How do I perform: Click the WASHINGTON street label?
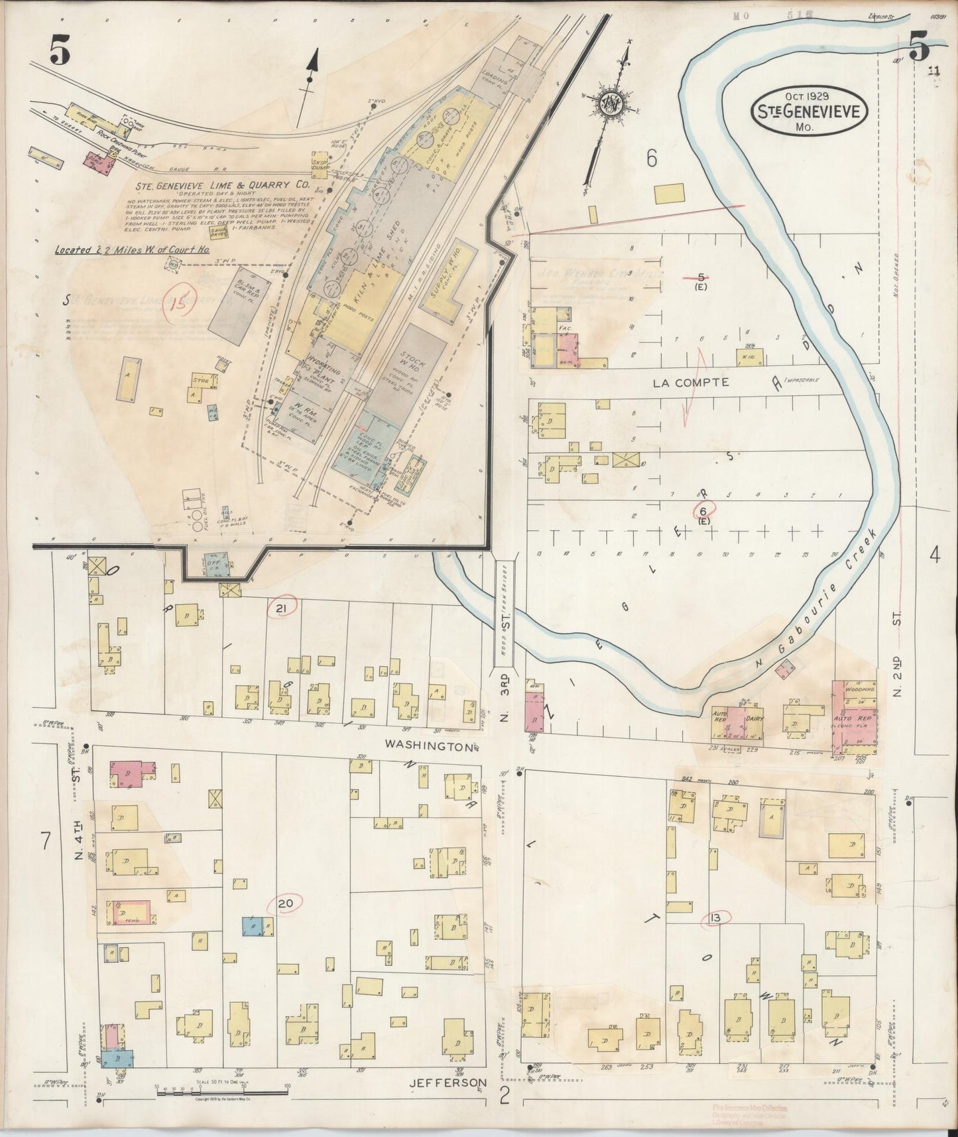pyautogui.click(x=430, y=746)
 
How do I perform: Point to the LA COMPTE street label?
pyautogui.click(x=691, y=383)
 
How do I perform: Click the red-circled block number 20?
pyautogui.click(x=285, y=903)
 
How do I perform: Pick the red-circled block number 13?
pyautogui.click(x=714, y=918)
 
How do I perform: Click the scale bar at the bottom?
pyautogui.click(x=221, y=1091)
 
